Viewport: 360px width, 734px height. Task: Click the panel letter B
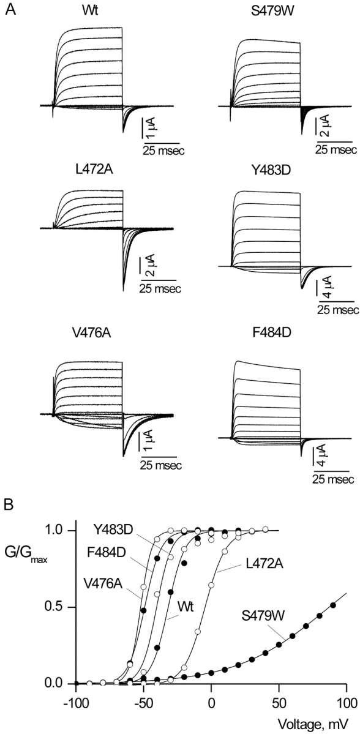tap(10, 507)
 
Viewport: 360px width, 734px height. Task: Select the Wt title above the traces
tap(88, 9)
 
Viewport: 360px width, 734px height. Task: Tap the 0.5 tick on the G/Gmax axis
tap(59, 607)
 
